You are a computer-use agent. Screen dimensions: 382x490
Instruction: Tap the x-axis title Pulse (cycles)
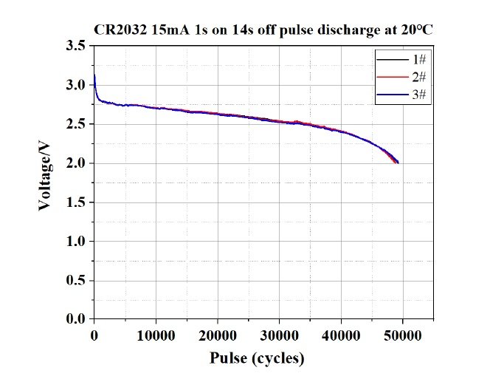tap(257, 359)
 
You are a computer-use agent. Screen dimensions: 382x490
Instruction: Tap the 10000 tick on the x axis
tap(156, 337)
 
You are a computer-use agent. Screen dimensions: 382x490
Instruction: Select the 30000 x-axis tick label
tap(279, 337)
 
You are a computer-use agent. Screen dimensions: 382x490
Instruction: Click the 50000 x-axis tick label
tap(403, 337)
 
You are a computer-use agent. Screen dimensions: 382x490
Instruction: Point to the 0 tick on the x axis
tap(94, 337)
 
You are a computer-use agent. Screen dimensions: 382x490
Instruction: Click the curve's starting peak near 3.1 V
tap(94, 76)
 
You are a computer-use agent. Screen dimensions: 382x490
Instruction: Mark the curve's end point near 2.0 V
tap(398, 163)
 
